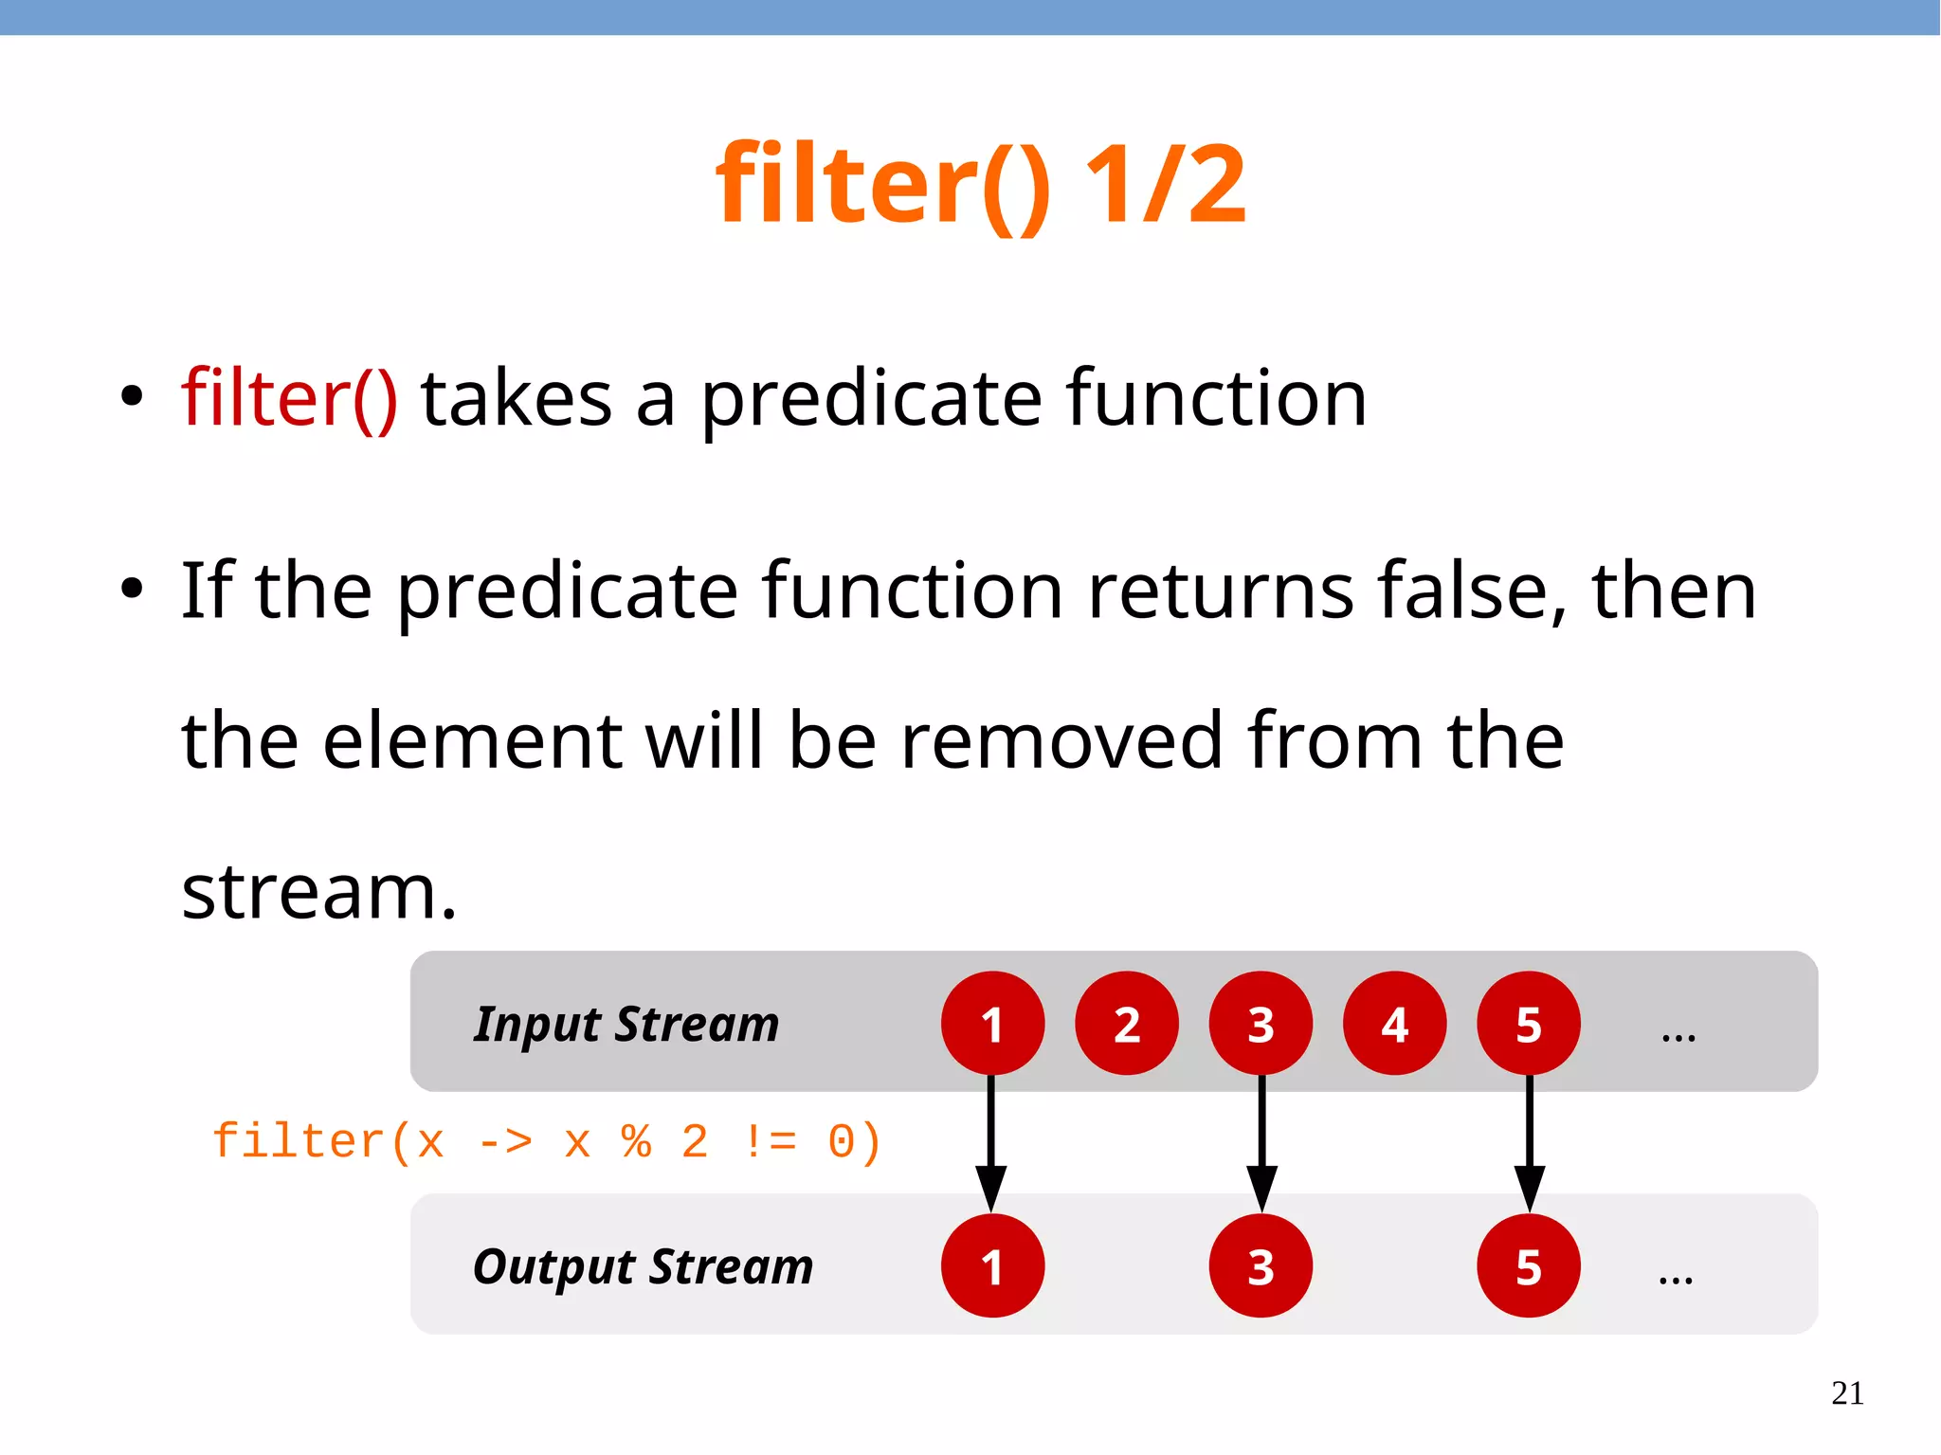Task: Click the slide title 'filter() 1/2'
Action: pos(980,185)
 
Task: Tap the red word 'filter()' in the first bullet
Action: pos(289,399)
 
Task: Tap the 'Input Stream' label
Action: pos(626,1025)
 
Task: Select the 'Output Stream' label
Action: pos(643,1267)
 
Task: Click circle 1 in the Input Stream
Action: pos(992,1024)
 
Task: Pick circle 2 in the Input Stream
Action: pos(1127,1024)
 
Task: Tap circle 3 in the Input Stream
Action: pos(1261,1024)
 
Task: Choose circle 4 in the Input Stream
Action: pos(1394,1024)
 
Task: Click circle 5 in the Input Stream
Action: pos(1529,1024)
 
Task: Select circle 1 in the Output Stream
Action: pos(992,1266)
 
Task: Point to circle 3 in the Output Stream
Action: pos(1261,1266)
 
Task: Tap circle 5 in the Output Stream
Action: pos(1529,1266)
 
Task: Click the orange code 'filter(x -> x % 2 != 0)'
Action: pos(547,1141)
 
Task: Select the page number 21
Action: pos(1847,1393)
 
